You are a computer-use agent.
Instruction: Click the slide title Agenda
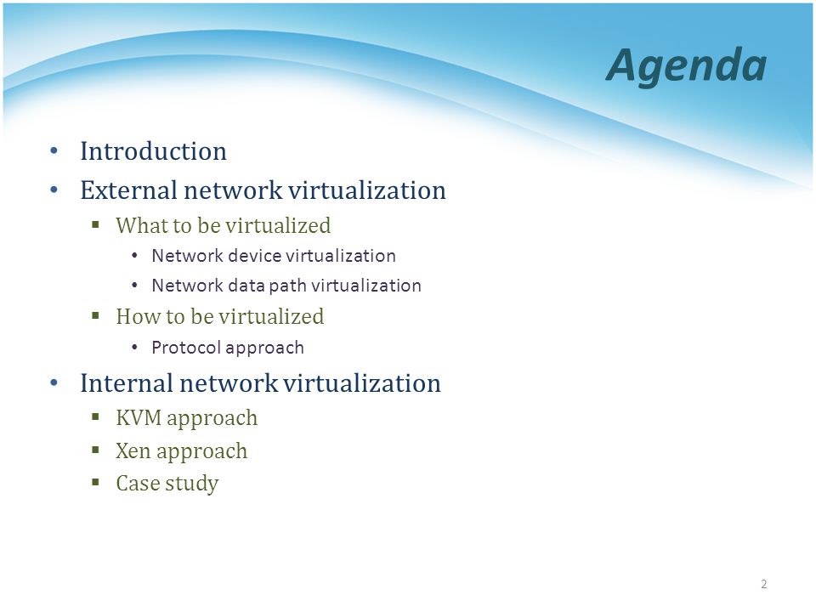coord(687,66)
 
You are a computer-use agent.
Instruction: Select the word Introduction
coord(154,151)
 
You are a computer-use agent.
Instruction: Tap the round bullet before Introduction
coord(54,151)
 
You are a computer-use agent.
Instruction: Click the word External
coord(128,190)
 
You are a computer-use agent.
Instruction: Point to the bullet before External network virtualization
coord(54,190)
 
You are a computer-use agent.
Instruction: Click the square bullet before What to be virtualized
coord(95,224)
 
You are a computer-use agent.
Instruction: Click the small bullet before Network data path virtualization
coord(135,286)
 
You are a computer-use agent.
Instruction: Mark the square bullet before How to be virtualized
coord(95,315)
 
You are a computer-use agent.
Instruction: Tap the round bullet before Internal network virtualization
coord(54,383)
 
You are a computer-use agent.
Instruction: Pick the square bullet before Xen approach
coord(95,450)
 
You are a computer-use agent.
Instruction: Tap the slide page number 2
coord(764,584)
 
